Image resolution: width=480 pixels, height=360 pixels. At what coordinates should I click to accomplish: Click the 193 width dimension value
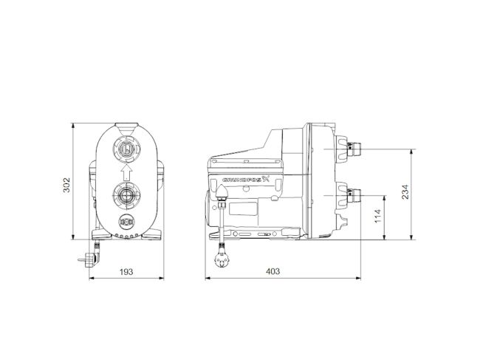click(126, 271)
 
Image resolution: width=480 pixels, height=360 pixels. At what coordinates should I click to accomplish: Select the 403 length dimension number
click(272, 271)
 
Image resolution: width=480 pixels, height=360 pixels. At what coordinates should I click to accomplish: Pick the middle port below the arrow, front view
click(126, 197)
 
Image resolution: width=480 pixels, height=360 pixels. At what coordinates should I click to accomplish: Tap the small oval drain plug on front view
click(126, 223)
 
